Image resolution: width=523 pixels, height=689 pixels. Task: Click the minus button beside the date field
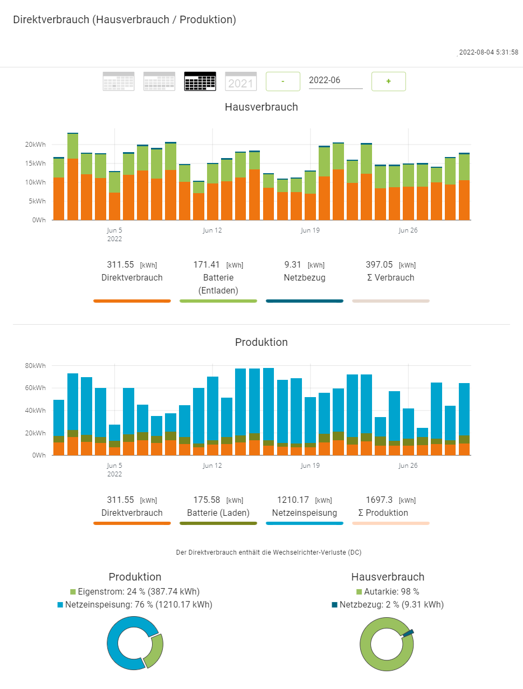coord(283,81)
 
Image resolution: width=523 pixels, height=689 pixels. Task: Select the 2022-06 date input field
coord(335,80)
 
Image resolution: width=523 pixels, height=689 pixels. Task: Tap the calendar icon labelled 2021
coord(240,81)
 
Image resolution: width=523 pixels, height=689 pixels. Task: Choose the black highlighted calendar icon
coord(200,81)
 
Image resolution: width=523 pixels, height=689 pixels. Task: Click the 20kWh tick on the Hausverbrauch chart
coord(36,145)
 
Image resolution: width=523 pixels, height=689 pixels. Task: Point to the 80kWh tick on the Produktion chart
coord(36,366)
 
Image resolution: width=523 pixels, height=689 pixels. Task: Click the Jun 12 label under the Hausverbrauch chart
coord(212,230)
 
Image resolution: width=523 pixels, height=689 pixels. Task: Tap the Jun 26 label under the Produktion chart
coord(408,466)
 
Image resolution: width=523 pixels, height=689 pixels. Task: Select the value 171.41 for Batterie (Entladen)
coord(207,265)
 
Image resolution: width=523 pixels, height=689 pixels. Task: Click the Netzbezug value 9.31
coord(293,265)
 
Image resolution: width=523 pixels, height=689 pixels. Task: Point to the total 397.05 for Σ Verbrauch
coord(379,265)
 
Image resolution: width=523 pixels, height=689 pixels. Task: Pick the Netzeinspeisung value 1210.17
coord(293,500)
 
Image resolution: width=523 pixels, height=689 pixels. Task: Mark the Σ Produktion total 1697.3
coord(379,500)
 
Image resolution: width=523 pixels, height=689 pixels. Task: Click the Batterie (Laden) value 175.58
coord(207,500)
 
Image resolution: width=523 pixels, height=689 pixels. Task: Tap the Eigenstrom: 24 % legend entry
coord(135,592)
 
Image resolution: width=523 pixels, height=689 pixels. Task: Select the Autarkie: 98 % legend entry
coord(388,592)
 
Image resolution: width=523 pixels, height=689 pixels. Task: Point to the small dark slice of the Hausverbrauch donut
coord(408,632)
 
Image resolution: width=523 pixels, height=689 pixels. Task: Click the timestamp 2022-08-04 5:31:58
coord(488,52)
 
